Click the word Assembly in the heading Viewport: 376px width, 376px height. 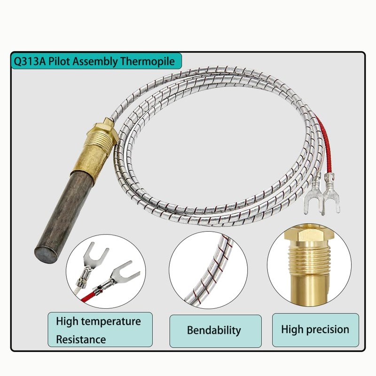(99, 61)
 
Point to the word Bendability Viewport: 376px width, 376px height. (214, 330)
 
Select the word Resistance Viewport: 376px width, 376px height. (81, 339)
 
